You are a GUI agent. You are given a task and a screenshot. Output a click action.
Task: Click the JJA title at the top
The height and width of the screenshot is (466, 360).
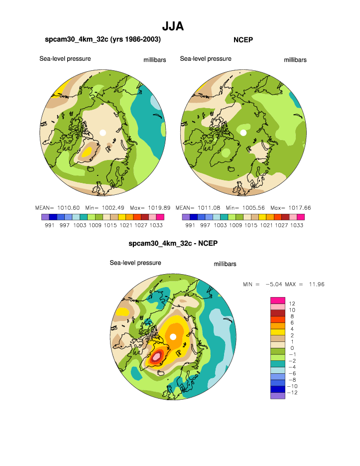click(x=173, y=26)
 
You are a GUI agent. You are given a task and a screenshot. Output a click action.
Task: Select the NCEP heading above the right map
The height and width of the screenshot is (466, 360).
click(x=243, y=39)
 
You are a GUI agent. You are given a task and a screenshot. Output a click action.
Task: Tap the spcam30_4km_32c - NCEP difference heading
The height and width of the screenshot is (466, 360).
click(x=173, y=243)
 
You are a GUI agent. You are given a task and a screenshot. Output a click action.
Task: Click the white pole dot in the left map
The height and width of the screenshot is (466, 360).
click(x=103, y=133)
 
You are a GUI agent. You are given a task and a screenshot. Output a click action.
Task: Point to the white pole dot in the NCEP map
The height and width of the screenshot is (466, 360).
click(x=243, y=133)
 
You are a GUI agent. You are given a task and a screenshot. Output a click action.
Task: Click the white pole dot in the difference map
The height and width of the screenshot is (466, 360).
click(x=173, y=337)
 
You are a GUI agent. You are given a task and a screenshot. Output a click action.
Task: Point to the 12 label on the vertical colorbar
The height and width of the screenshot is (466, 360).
click(x=292, y=304)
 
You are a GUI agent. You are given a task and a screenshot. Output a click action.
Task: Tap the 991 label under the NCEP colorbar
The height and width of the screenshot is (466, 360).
click(x=190, y=225)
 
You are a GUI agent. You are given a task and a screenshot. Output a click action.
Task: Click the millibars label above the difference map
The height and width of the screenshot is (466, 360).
click(x=225, y=264)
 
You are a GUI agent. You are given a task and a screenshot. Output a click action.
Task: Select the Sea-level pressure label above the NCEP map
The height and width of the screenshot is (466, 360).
click(x=206, y=59)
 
